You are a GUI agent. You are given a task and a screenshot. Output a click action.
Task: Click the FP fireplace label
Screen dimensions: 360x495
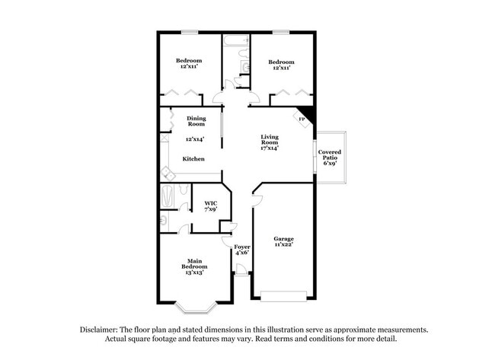(x=302, y=119)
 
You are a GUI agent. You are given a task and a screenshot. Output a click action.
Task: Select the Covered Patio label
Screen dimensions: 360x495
(x=330, y=155)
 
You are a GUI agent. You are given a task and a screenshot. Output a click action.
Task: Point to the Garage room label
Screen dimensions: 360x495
(x=283, y=238)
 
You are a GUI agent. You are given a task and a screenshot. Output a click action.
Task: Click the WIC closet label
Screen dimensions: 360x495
(x=211, y=203)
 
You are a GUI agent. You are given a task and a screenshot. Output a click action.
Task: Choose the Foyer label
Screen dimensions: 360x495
(x=242, y=247)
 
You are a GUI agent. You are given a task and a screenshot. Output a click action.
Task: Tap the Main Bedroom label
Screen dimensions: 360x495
(x=194, y=263)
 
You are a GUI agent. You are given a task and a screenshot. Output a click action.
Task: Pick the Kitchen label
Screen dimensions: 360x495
(x=193, y=158)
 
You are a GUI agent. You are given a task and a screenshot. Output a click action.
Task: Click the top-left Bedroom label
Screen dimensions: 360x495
(x=189, y=61)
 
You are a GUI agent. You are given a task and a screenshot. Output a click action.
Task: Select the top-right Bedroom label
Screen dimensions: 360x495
(x=281, y=62)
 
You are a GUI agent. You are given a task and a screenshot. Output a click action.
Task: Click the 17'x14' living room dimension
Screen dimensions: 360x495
(x=270, y=148)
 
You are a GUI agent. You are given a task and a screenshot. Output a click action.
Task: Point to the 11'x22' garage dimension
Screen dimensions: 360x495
(x=283, y=245)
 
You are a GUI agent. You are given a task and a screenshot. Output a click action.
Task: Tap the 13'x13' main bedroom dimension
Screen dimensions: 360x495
(x=194, y=272)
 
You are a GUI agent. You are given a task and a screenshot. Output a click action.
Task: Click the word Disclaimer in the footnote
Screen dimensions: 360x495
(x=101, y=330)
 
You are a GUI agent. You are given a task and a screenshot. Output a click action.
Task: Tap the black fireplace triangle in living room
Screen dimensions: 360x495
(x=307, y=112)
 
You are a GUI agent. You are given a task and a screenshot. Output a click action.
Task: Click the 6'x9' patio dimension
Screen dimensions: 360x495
(x=330, y=163)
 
